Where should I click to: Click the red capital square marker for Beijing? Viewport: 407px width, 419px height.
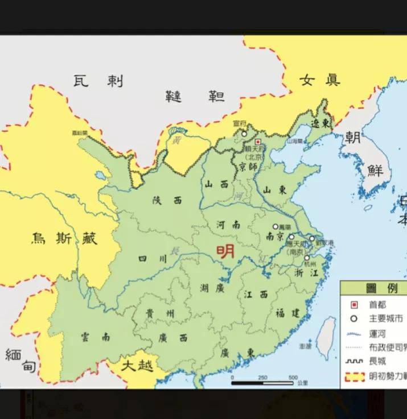[x=257, y=142]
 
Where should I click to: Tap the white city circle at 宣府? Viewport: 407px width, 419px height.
[x=244, y=134]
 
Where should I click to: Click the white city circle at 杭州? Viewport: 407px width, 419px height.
[x=307, y=258]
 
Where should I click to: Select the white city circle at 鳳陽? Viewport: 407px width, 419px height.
[x=276, y=226]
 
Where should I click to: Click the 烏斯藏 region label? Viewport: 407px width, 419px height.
[x=64, y=238]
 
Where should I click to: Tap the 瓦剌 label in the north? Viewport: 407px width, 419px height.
[x=98, y=81]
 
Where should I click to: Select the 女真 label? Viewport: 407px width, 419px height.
[x=319, y=80]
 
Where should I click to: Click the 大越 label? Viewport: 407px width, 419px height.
[x=137, y=364]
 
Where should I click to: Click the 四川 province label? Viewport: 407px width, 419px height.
[x=153, y=259]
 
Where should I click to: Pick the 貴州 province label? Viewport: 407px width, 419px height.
[x=159, y=314]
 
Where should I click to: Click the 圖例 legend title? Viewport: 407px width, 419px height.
[x=373, y=289]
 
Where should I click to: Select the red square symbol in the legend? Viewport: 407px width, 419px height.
[x=354, y=305]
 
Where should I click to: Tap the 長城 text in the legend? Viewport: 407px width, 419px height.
[x=377, y=361]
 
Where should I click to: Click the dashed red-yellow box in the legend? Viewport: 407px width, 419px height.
[x=354, y=376]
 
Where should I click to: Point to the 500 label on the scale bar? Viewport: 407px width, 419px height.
[x=293, y=377]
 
